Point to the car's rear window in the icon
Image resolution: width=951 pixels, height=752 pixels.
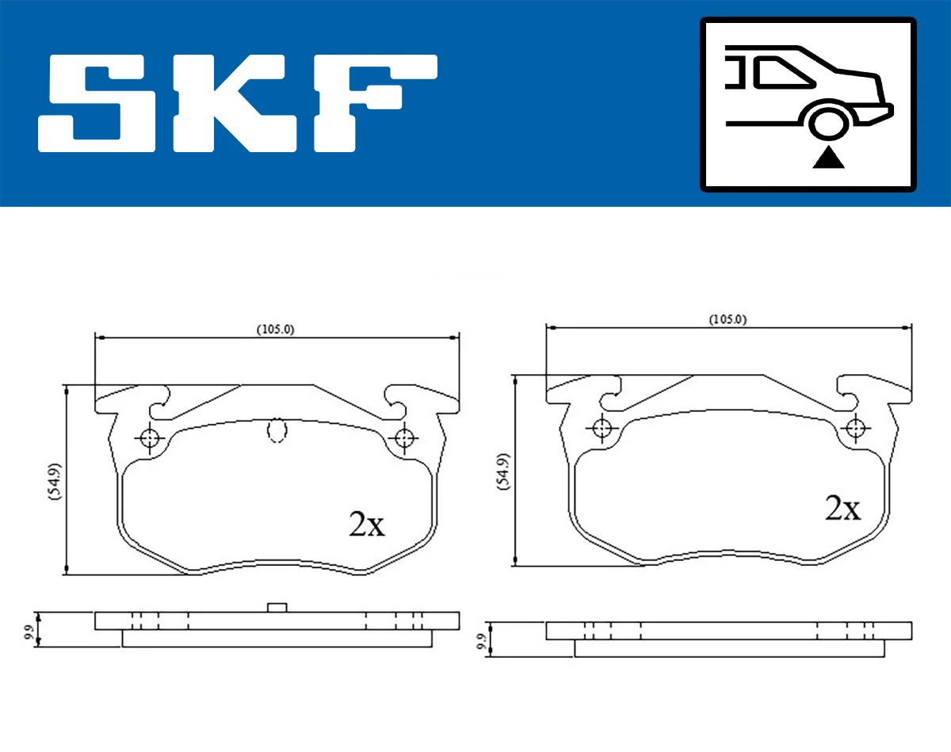785,73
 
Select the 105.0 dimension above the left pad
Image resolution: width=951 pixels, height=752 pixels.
275,330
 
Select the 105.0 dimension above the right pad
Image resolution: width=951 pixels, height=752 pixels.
728,319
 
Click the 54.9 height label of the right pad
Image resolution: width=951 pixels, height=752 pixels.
502,473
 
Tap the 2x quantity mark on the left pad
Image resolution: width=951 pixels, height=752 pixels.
366,525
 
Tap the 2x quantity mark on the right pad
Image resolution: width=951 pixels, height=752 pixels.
842,508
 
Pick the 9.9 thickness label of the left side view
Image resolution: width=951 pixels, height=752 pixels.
29,632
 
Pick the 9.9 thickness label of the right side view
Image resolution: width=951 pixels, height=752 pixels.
480,641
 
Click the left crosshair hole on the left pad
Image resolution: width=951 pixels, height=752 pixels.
148,437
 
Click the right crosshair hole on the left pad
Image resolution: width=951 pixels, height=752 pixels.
405,437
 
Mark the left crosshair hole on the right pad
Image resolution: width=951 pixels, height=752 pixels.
602,428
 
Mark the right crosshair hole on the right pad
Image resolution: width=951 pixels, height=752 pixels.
854,428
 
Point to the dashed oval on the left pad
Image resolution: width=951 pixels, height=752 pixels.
277,430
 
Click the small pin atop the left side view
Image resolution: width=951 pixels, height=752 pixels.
277,607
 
